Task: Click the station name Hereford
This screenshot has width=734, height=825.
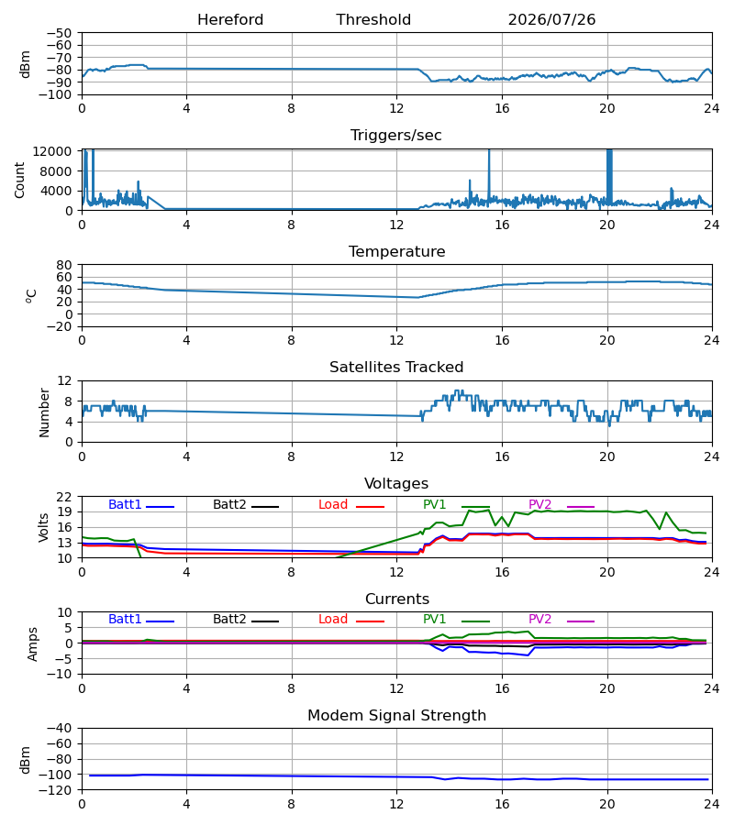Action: [x=230, y=20]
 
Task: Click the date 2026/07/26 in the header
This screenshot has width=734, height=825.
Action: [x=551, y=20]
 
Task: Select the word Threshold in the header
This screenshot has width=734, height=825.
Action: [x=373, y=20]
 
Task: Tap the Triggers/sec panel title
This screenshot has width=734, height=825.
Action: [x=396, y=136]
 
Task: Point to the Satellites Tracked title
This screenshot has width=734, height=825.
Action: [x=396, y=368]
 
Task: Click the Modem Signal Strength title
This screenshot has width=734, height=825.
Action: [x=396, y=716]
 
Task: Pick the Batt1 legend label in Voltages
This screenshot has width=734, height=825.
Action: [x=125, y=504]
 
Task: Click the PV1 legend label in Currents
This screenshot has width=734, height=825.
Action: [x=434, y=620]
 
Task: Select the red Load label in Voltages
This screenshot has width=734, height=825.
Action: [x=333, y=504]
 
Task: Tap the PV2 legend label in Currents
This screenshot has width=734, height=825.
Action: [x=539, y=620]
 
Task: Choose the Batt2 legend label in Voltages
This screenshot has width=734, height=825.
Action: [x=229, y=504]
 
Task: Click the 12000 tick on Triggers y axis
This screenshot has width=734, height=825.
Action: [x=52, y=151]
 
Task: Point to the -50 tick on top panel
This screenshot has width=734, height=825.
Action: [x=59, y=33]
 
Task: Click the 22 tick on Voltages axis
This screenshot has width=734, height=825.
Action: [x=64, y=497]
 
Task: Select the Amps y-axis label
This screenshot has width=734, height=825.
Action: [x=33, y=643]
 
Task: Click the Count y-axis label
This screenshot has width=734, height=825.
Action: [x=19, y=180]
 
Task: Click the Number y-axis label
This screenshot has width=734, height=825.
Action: [x=44, y=412]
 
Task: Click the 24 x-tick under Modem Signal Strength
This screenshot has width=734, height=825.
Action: [x=712, y=804]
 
